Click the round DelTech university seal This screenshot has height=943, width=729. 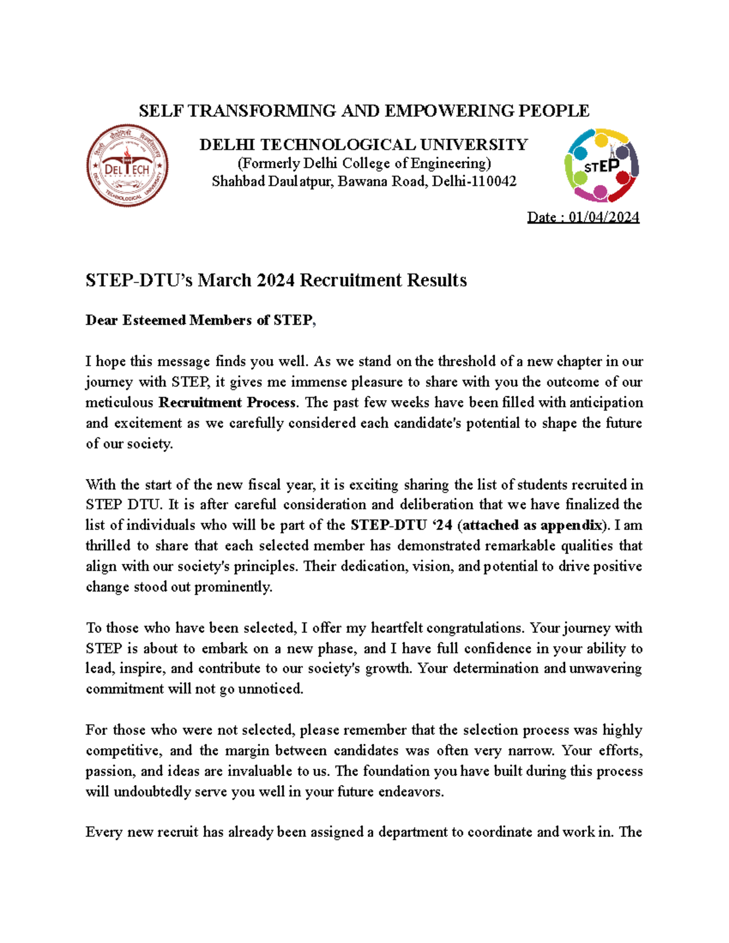[127, 166]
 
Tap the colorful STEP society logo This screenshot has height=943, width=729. [601, 165]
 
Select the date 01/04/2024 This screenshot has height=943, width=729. [604, 217]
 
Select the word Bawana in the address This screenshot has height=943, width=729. [361, 182]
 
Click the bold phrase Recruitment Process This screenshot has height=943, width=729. [227, 403]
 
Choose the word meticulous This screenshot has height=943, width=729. [119, 403]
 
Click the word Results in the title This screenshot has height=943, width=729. [437, 281]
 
